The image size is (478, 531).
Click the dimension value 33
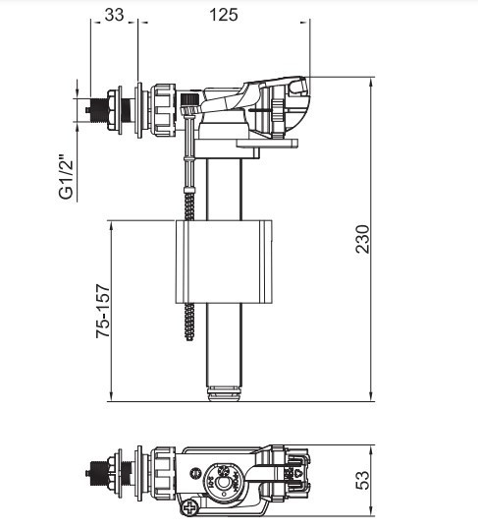[x=114, y=15]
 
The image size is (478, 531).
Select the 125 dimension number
[x=224, y=15]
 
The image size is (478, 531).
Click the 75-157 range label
[x=102, y=312]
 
